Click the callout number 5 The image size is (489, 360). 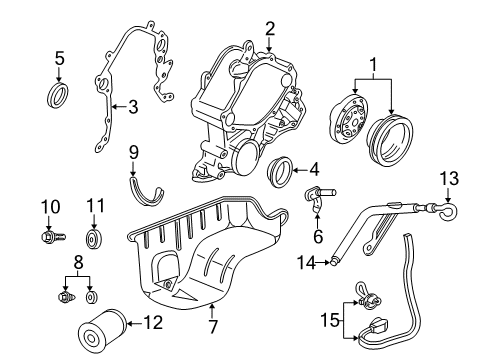(x=59, y=58)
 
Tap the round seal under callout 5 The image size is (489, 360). (x=57, y=96)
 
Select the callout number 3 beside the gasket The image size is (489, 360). (x=133, y=107)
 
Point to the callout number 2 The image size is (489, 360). (x=270, y=29)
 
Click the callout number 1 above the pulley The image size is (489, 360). (x=373, y=65)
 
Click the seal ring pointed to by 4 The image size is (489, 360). (x=280, y=173)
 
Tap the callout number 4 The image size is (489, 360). (x=314, y=170)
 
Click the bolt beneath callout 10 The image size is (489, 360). (x=52, y=237)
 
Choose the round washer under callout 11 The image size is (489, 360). (x=94, y=239)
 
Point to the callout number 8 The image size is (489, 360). (x=78, y=262)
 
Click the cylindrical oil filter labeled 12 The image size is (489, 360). (x=102, y=329)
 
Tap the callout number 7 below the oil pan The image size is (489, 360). (x=213, y=326)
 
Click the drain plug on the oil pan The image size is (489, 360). (x=168, y=284)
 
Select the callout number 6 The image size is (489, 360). (x=318, y=236)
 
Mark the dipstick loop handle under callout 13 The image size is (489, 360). (x=448, y=212)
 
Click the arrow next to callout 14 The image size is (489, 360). (x=323, y=263)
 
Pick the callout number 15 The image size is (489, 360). (x=330, y=321)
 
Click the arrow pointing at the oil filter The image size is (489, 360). (x=135, y=323)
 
